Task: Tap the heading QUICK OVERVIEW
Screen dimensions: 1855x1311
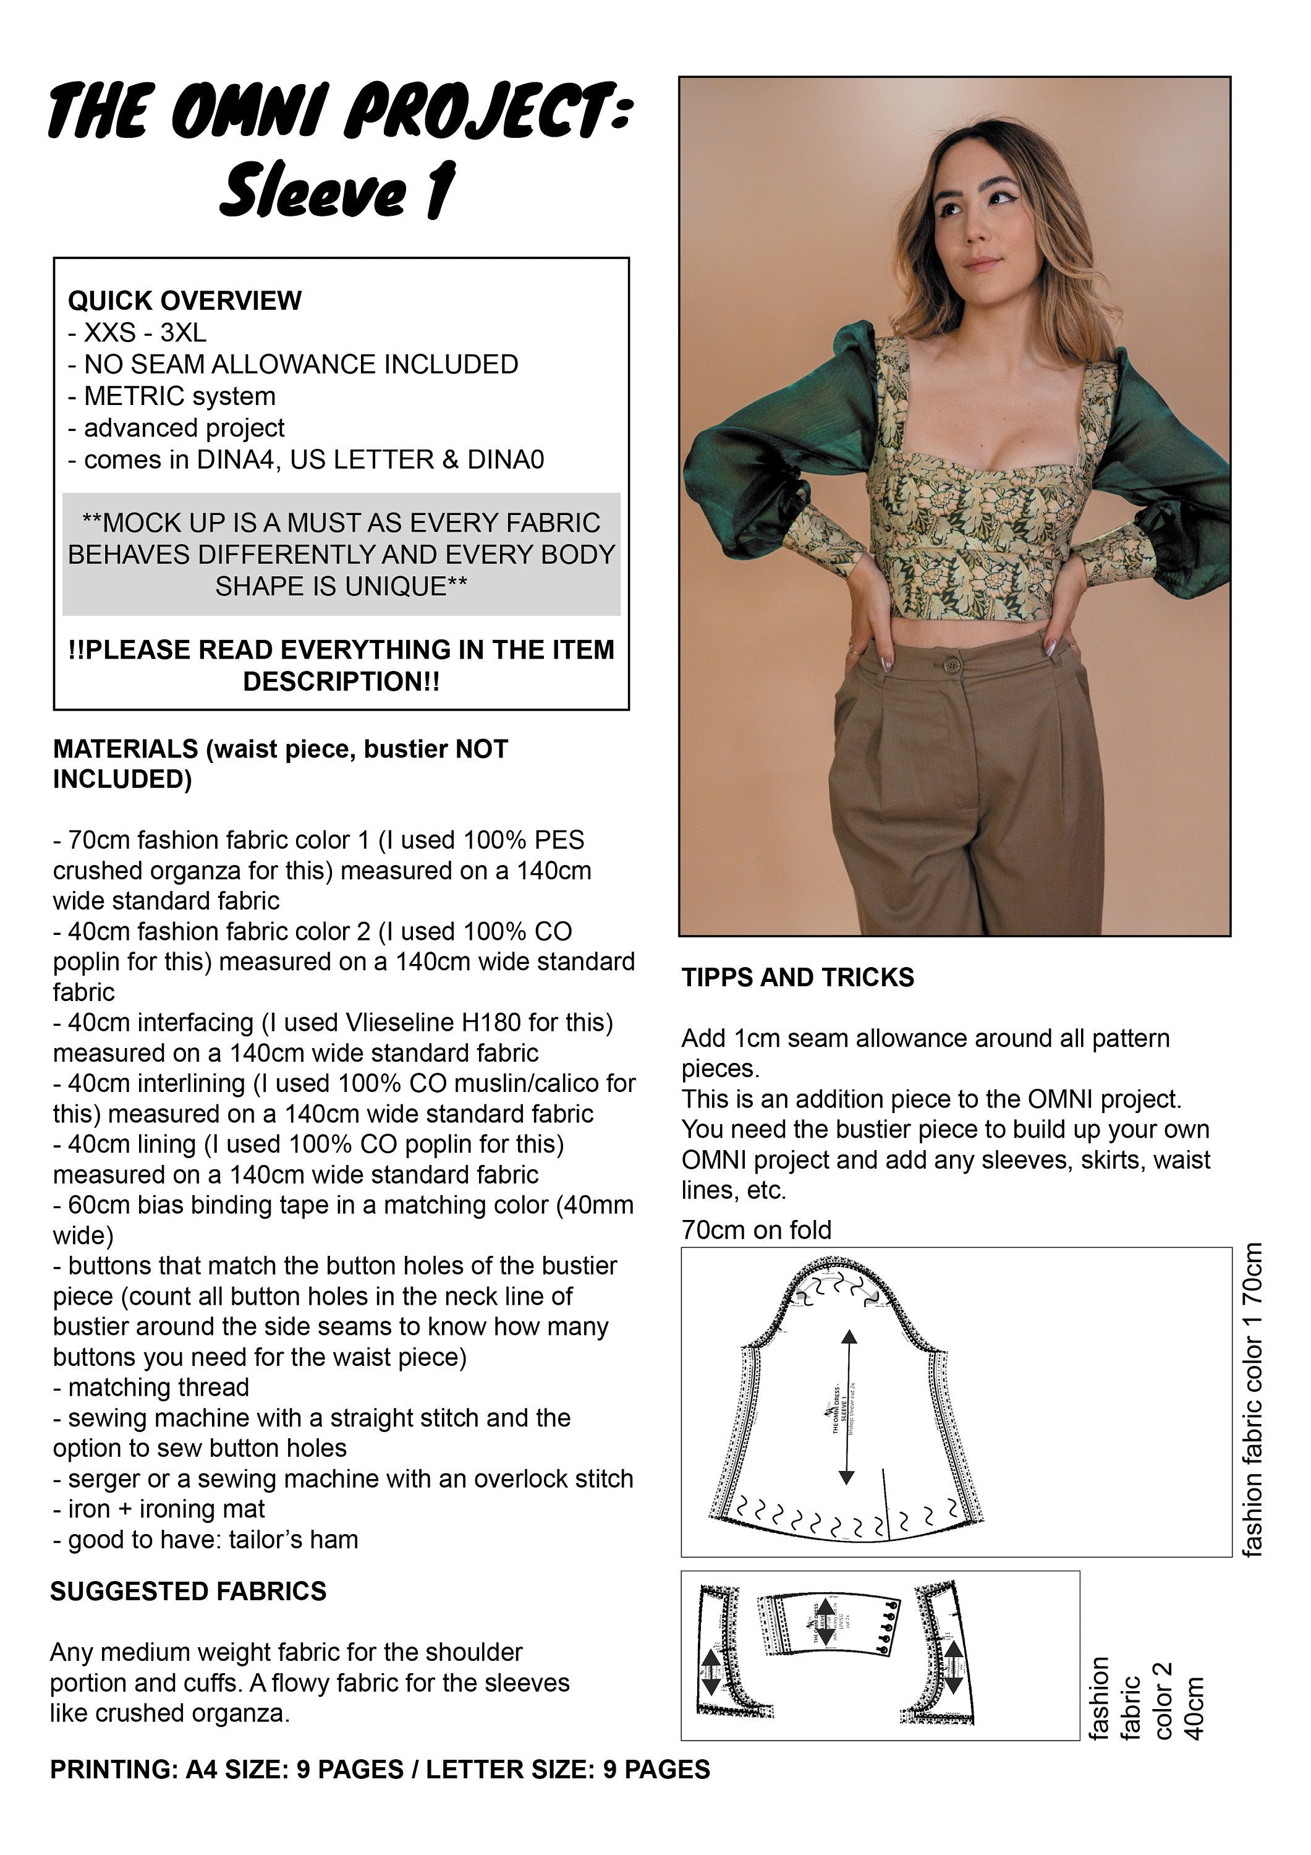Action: tap(184, 301)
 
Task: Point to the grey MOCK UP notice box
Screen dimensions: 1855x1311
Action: tap(341, 554)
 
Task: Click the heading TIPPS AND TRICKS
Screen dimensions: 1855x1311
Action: tap(797, 978)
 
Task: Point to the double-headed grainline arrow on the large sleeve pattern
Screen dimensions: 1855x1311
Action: tap(847, 1407)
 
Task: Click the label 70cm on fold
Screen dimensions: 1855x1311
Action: tap(756, 1230)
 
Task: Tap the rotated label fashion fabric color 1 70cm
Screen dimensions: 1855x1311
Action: tap(1252, 1399)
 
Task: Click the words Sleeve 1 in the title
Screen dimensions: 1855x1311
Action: tap(337, 190)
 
